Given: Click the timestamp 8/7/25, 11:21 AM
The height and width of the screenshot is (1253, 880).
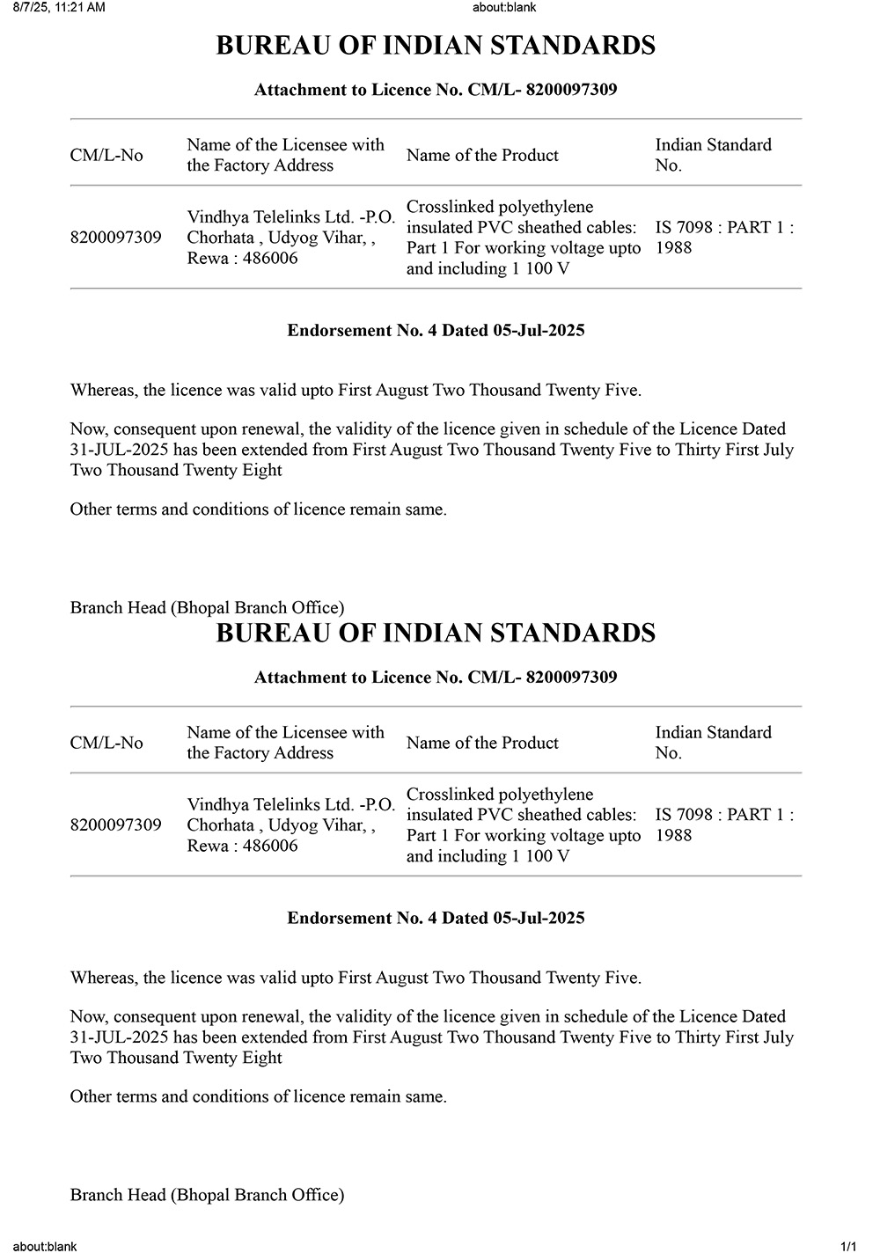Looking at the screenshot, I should (59, 8).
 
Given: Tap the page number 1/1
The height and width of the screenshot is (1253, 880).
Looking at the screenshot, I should (848, 1246).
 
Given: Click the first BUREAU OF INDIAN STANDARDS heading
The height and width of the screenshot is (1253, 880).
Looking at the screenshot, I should (436, 46).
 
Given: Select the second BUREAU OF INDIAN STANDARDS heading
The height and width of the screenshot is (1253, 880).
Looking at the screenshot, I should (436, 634).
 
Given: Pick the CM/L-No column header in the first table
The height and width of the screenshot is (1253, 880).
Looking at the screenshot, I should (106, 156).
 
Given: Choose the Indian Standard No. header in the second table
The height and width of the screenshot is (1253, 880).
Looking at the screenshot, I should (713, 743).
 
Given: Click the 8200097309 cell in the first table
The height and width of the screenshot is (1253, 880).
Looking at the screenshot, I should (115, 238).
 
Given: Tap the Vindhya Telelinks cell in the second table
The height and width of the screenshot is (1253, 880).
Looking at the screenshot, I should (290, 825).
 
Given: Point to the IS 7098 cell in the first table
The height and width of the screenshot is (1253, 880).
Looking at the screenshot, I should (723, 238).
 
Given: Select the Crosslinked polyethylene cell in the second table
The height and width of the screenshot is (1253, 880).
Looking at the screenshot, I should (523, 825).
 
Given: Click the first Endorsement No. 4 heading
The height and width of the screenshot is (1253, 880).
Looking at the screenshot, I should (436, 331).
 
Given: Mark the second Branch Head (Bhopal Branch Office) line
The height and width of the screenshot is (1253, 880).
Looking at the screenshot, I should (207, 1195).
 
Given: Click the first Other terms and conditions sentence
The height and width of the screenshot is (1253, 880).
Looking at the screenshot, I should (258, 509).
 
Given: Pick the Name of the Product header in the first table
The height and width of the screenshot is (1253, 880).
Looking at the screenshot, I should (482, 156).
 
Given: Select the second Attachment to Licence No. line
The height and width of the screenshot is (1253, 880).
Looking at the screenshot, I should (436, 678).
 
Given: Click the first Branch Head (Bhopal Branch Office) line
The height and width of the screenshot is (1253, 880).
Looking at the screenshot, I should (207, 608).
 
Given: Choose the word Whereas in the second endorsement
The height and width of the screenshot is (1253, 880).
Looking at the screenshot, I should (103, 978).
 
